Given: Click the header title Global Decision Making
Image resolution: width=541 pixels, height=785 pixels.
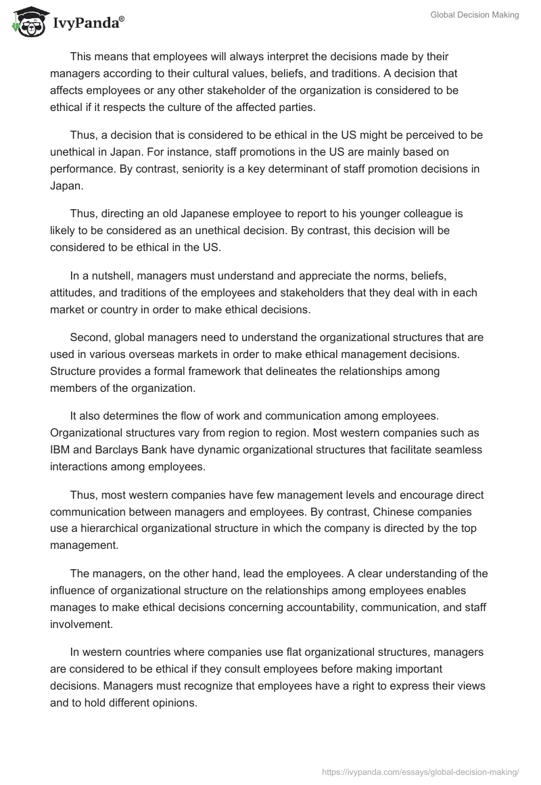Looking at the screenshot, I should coord(474,15).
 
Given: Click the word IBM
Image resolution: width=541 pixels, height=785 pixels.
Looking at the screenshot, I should coord(60,449).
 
